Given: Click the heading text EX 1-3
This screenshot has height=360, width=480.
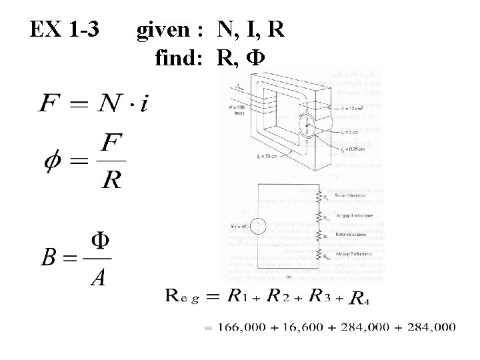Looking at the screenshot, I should [x=65, y=29].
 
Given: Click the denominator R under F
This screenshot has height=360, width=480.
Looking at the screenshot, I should [x=111, y=179].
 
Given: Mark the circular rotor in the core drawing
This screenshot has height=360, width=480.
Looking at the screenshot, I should [x=307, y=126].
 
